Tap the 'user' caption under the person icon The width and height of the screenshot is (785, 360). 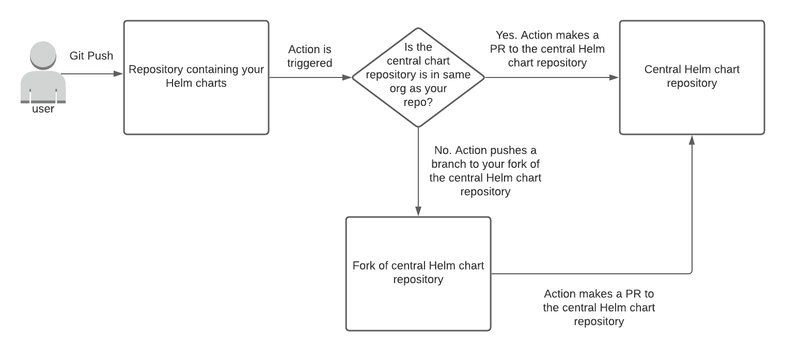coord(43,109)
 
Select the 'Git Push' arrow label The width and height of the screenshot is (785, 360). coord(91,56)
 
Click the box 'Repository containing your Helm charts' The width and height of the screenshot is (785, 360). coord(196,77)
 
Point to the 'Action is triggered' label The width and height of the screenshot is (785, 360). coord(309,56)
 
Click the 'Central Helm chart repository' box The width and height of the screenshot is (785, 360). coord(692,77)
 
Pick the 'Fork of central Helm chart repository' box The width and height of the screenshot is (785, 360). coord(418,273)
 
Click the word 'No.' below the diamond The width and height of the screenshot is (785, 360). coord(443,151)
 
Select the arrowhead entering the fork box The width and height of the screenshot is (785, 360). coord(418,212)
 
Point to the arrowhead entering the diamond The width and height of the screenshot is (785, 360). coord(347,77)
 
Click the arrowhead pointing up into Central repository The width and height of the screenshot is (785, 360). coord(692,139)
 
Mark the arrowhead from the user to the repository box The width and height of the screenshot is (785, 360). coord(119,74)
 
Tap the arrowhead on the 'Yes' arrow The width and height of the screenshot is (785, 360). coord(615,77)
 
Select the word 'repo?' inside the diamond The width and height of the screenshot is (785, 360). coord(418,102)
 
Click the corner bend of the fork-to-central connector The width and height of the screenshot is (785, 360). coord(692,273)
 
